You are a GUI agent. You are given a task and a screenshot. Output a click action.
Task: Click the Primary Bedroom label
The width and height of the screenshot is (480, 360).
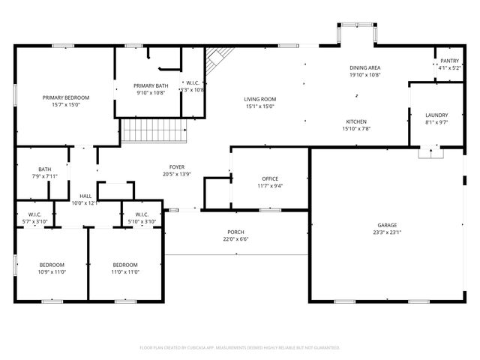(x=66, y=97)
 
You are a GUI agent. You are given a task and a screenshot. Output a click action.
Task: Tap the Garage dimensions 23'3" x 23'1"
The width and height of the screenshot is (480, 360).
(x=387, y=232)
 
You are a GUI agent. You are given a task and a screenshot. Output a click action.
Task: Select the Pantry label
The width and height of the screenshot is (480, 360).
(x=449, y=61)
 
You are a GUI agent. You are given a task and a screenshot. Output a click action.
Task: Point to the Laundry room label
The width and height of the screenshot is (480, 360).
(x=436, y=114)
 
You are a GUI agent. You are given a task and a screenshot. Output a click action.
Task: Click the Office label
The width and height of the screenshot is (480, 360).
(x=270, y=178)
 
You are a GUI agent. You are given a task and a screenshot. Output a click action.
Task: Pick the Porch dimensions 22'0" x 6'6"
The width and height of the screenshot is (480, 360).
(x=235, y=239)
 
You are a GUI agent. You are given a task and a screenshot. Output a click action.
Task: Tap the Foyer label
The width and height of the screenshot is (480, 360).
(x=177, y=166)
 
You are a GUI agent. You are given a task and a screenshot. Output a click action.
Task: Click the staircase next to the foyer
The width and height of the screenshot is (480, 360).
(x=154, y=132)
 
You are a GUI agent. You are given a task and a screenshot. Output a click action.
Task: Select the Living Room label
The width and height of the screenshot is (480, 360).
(x=260, y=99)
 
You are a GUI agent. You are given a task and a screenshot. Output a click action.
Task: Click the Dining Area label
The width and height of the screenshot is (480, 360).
(x=364, y=67)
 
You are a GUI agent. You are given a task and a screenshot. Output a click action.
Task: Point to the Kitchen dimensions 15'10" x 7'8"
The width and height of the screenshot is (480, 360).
(x=355, y=128)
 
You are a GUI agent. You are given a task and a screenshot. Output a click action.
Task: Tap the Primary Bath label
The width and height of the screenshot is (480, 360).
(x=150, y=85)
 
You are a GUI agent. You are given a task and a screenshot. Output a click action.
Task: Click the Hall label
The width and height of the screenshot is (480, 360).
(x=85, y=196)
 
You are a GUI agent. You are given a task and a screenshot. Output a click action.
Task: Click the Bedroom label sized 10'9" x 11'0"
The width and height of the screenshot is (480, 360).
(x=52, y=265)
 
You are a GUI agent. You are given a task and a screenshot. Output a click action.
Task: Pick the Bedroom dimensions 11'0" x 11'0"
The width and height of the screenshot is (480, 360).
(x=125, y=271)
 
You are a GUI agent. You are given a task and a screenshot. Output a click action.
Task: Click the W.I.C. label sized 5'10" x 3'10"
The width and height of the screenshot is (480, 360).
(x=142, y=214)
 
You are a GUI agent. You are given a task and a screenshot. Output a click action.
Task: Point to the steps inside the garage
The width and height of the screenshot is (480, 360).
(x=430, y=153)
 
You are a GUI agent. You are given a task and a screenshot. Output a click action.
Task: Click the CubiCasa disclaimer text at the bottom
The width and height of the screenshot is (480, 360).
(x=240, y=347)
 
